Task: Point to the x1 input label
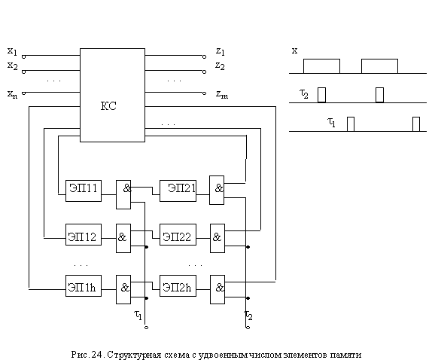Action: tap(12, 51)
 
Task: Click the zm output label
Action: tap(222, 94)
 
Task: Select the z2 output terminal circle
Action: tap(204, 72)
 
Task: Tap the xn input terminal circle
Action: tap(23, 93)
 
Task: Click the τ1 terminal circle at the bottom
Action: tap(146, 328)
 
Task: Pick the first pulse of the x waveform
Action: tap(321, 66)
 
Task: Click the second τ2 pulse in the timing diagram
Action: tap(379, 95)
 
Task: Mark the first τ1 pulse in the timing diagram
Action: tap(351, 124)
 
